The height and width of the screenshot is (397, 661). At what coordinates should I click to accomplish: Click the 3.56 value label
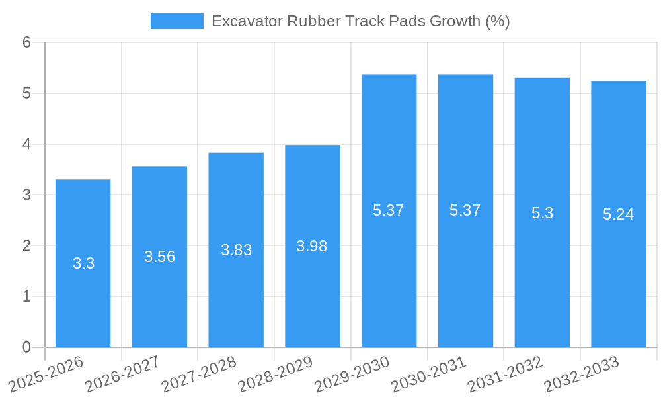coord(159,257)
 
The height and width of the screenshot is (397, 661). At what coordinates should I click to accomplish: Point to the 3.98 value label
coord(312,246)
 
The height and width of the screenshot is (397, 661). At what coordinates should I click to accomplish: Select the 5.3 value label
coord(542,213)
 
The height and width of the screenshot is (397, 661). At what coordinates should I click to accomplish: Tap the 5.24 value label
coord(618,214)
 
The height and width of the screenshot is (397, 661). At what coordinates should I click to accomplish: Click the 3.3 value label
coord(83,263)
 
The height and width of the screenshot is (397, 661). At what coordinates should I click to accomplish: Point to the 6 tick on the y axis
coord(26,42)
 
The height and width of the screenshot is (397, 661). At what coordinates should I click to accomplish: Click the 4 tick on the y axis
coord(26,144)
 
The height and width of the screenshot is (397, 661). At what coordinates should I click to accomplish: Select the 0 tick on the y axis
coord(26,347)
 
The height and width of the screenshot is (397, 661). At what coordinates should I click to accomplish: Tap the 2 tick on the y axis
coord(26,245)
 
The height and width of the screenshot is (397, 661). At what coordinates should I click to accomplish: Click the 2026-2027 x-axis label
coord(122,373)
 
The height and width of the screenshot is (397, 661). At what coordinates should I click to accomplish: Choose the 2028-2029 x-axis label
coord(275,373)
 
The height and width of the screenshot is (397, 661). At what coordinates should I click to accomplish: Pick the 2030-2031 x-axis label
coord(428,373)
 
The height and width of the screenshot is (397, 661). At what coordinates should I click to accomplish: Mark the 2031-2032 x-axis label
coord(505,373)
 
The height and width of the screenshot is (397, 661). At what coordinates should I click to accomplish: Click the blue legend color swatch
coord(176,21)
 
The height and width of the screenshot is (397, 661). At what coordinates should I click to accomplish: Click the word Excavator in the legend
coord(247,21)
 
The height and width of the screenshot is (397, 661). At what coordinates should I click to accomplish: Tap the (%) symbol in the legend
coord(497,21)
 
